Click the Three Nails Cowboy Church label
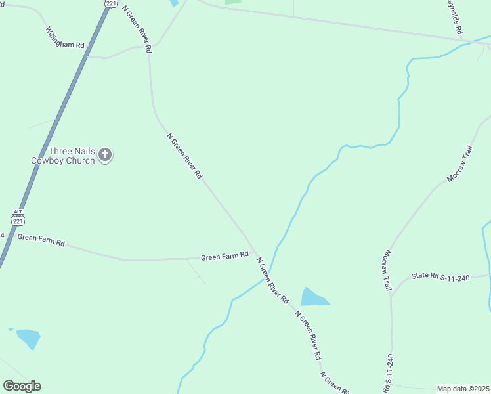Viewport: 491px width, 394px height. [x=63, y=156]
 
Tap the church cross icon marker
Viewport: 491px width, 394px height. [x=105, y=156]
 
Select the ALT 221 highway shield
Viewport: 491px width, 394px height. [x=18, y=217]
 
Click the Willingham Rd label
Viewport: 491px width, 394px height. [x=65, y=37]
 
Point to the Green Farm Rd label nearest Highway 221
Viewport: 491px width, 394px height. [x=41, y=240]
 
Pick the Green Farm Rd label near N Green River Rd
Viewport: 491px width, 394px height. [x=224, y=256]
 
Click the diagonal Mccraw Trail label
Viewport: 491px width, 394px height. [x=459, y=164]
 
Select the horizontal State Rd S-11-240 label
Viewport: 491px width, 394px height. [x=441, y=276]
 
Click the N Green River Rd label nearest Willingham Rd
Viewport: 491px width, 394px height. [x=138, y=29]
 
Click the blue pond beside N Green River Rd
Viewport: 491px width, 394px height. [x=312, y=297]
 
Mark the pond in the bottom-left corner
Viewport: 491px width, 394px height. [x=28, y=338]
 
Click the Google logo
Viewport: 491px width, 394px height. [x=22, y=386]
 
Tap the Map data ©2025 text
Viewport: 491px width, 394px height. [x=463, y=389]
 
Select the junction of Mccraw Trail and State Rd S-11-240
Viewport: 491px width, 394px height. [x=391, y=294]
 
